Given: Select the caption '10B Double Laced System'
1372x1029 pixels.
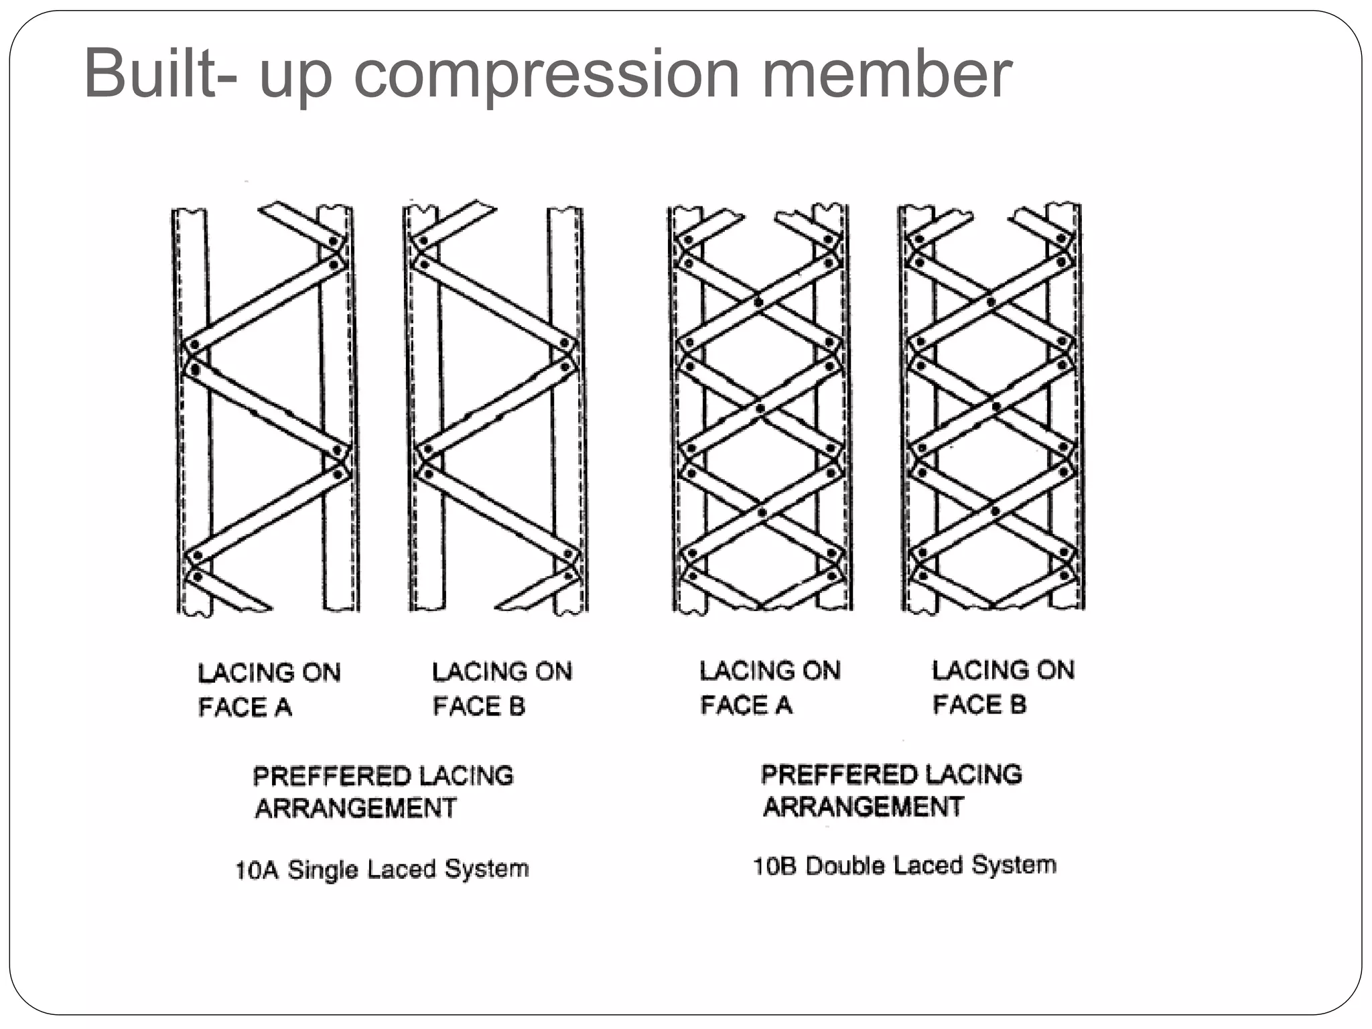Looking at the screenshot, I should coord(904,866).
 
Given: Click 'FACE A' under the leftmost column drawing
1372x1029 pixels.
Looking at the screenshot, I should coord(245,707).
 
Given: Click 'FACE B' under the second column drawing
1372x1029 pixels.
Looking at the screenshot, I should coord(478,706).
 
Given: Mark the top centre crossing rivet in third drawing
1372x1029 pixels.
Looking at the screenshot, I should coord(758,302).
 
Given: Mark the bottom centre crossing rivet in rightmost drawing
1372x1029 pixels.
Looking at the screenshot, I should coord(996,512).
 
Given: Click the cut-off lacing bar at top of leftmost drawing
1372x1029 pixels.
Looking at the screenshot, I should coord(295,220).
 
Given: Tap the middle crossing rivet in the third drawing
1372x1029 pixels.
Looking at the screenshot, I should coord(760,408).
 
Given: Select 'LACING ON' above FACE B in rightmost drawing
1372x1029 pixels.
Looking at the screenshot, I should coord(1003,670).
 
